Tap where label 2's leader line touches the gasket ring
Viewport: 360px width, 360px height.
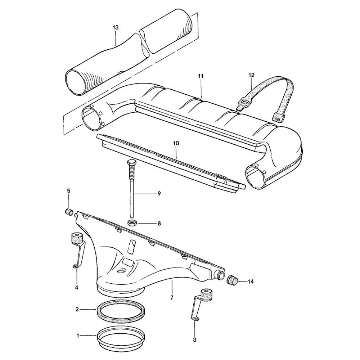tap(96, 310)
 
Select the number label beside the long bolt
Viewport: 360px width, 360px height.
tap(159, 194)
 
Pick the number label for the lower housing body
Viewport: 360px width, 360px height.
tap(172, 298)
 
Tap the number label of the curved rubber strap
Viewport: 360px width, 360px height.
tap(251, 75)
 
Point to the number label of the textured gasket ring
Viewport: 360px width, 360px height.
tap(77, 309)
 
